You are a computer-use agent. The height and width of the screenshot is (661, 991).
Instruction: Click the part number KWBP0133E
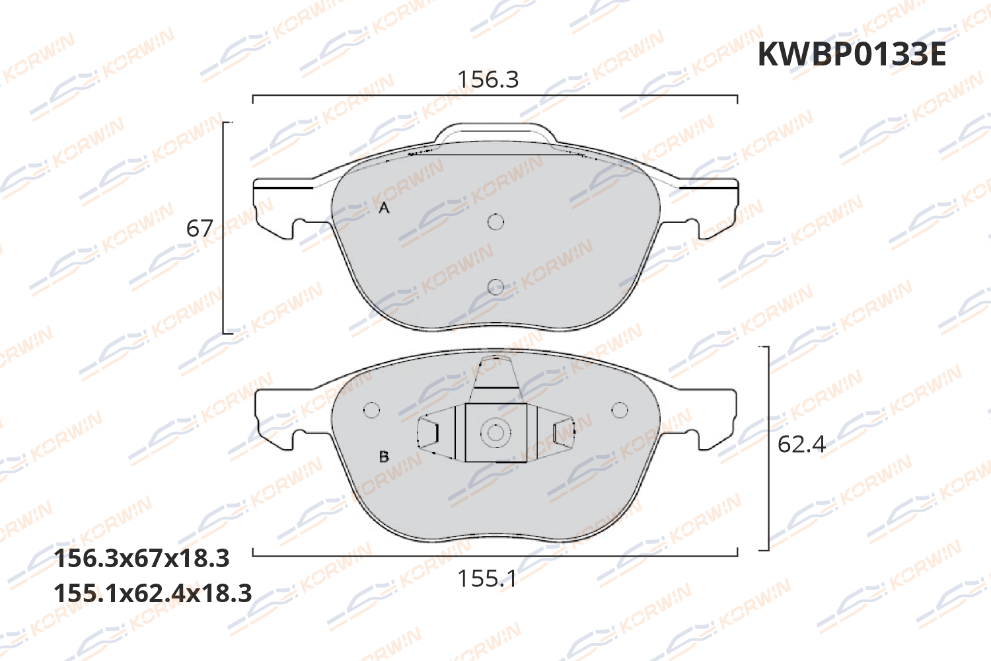point(852,54)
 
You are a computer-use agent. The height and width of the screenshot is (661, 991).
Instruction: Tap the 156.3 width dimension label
point(488,79)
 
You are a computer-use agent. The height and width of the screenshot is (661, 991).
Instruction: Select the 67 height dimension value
point(200,229)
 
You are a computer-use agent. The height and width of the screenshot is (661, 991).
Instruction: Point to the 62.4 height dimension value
point(801,444)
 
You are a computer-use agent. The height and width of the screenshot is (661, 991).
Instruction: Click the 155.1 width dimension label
point(488,579)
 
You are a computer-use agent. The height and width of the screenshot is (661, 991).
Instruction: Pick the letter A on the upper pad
point(384,208)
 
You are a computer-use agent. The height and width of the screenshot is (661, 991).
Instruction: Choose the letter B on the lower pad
point(384,457)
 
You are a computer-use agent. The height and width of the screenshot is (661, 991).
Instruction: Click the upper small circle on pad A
point(495,221)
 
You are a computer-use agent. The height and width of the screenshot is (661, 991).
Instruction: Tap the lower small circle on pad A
point(495,286)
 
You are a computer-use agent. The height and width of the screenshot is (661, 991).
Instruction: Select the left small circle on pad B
point(372,410)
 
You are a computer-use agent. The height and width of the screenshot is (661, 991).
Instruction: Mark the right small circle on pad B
point(620,410)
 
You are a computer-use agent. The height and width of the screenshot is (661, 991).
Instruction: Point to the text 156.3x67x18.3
point(141,559)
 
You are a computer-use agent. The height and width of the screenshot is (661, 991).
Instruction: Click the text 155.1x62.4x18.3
point(153,594)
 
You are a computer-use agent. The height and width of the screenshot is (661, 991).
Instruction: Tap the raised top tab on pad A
point(495,132)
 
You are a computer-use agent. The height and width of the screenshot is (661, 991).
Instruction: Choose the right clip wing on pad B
point(562,434)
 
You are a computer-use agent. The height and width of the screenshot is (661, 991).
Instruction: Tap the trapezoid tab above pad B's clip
point(495,380)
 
